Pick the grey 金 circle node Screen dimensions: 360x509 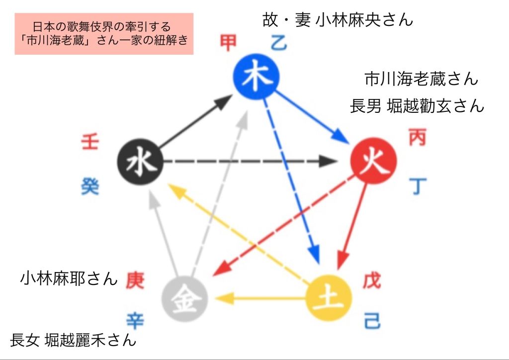click(185, 298)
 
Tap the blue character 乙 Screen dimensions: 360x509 click(279, 44)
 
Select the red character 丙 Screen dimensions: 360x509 click(417, 137)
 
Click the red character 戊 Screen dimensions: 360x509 click(372, 280)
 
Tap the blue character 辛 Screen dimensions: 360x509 click(135, 321)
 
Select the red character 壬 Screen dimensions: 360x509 click(90, 142)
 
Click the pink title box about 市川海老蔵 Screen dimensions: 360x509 click(104, 33)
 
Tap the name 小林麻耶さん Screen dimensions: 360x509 click(69, 278)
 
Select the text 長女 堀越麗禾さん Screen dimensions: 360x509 click(73, 340)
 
